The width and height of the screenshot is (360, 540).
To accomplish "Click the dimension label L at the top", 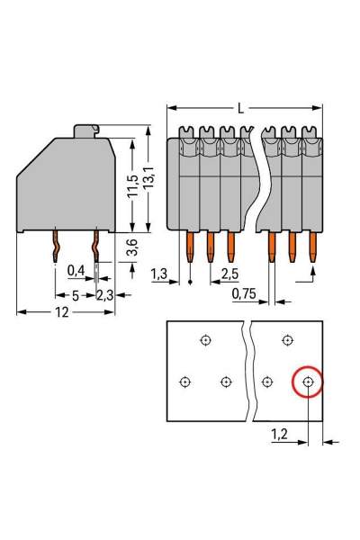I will (x=240, y=109).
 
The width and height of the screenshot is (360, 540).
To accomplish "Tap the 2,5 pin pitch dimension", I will (x=229, y=273).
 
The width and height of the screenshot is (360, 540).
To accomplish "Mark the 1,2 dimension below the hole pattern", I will (x=281, y=434).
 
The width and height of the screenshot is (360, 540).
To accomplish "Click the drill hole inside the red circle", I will (x=309, y=382).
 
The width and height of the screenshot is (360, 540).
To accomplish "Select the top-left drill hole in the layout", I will (x=206, y=340).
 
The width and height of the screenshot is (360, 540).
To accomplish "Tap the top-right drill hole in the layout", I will (x=287, y=340).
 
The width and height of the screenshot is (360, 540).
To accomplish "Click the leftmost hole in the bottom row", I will (x=185, y=382).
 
